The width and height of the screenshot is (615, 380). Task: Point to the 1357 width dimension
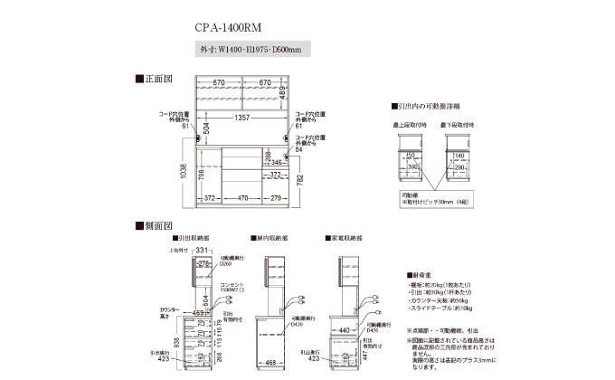coord(243,117)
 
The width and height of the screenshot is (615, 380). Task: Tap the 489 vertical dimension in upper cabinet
coord(281,92)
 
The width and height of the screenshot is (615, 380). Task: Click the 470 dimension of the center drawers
coord(243,197)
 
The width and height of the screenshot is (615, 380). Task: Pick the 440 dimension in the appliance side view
coord(345,330)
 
